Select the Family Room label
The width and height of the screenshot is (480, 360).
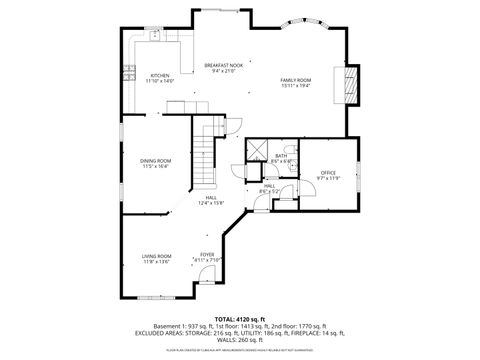click(295, 80)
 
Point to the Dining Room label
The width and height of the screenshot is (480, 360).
click(155, 161)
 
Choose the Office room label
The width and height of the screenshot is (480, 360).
click(328, 172)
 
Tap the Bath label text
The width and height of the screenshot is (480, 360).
click(282, 155)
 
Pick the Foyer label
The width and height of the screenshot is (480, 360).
click(207, 254)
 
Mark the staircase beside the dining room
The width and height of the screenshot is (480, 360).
click(206, 160)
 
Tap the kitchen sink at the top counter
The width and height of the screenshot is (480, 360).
click(157, 37)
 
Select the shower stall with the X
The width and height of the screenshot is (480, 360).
click(257, 152)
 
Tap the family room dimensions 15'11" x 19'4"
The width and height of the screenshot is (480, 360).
click(295, 86)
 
